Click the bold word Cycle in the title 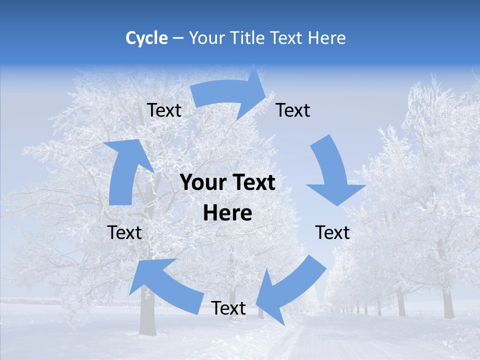[146, 38]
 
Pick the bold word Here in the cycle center [227, 213]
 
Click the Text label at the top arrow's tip [293, 110]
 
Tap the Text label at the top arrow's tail [164, 110]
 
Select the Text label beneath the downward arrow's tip [332, 232]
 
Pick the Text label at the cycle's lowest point [228, 308]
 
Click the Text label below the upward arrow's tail [124, 232]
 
